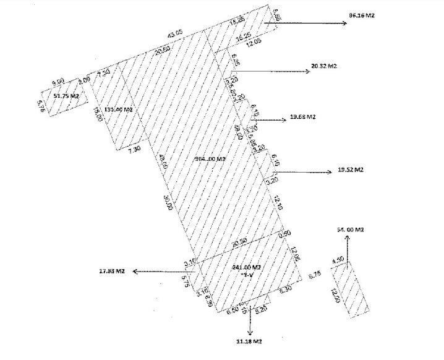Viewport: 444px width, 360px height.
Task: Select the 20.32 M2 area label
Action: click(325, 66)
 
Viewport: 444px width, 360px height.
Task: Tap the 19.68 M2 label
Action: click(303, 117)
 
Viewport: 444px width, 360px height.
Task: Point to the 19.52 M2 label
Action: click(351, 169)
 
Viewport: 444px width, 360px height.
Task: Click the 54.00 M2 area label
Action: click(349, 229)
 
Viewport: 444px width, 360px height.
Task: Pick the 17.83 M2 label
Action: click(113, 271)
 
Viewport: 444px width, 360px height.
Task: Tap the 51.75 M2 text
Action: click(66, 96)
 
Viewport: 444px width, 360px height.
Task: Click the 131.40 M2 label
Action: click(119, 109)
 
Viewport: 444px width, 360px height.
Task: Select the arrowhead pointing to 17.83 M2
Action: click(137, 272)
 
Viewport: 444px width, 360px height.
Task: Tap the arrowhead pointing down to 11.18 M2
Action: click(249, 332)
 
